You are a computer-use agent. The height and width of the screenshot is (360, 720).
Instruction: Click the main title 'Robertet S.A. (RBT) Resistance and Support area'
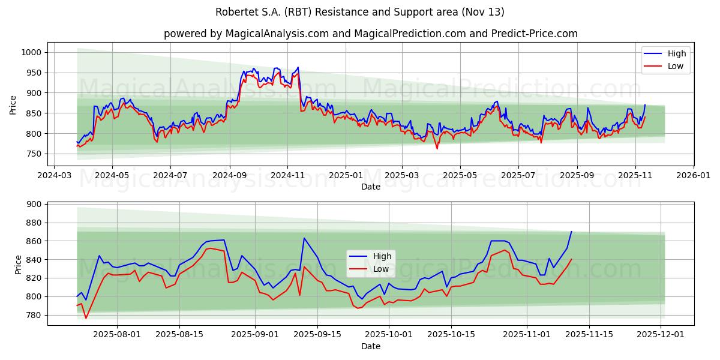(359, 12)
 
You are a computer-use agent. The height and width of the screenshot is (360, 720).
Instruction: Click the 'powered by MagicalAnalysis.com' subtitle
(370, 34)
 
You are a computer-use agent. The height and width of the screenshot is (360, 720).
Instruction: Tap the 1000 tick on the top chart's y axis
(31, 53)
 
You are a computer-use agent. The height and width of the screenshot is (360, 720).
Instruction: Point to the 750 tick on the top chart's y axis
(33, 154)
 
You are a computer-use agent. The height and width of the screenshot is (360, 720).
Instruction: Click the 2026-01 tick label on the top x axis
(693, 176)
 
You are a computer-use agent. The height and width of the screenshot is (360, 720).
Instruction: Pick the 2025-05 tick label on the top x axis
(460, 176)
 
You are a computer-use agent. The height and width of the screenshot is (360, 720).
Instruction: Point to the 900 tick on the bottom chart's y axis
(33, 205)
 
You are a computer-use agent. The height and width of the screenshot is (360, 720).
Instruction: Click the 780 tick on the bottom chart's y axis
(33, 315)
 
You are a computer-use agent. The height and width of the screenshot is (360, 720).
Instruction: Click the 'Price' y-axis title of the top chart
(13, 105)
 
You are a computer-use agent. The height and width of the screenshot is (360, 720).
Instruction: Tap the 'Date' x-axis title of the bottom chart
(370, 347)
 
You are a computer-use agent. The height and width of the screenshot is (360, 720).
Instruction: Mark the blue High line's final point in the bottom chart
(571, 232)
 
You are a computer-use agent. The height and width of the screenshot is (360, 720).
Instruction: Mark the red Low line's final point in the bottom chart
(571, 259)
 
